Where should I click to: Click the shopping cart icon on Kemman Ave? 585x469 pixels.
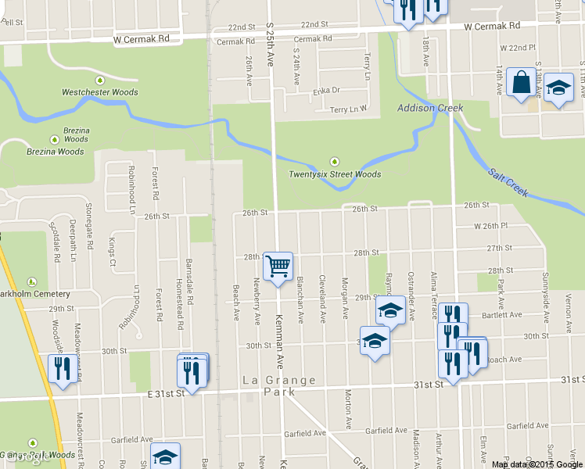[278, 267]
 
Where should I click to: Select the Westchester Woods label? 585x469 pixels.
[100, 92]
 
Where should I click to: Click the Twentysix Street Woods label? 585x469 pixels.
[335, 174]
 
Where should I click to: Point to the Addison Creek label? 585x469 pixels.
[430, 108]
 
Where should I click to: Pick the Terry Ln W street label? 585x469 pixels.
[348, 109]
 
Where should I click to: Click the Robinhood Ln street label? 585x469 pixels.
[131, 191]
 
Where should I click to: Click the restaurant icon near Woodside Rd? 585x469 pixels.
[62, 367]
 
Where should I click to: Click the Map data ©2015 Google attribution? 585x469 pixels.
[537, 464]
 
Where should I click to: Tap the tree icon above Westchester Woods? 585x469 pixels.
[100, 81]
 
